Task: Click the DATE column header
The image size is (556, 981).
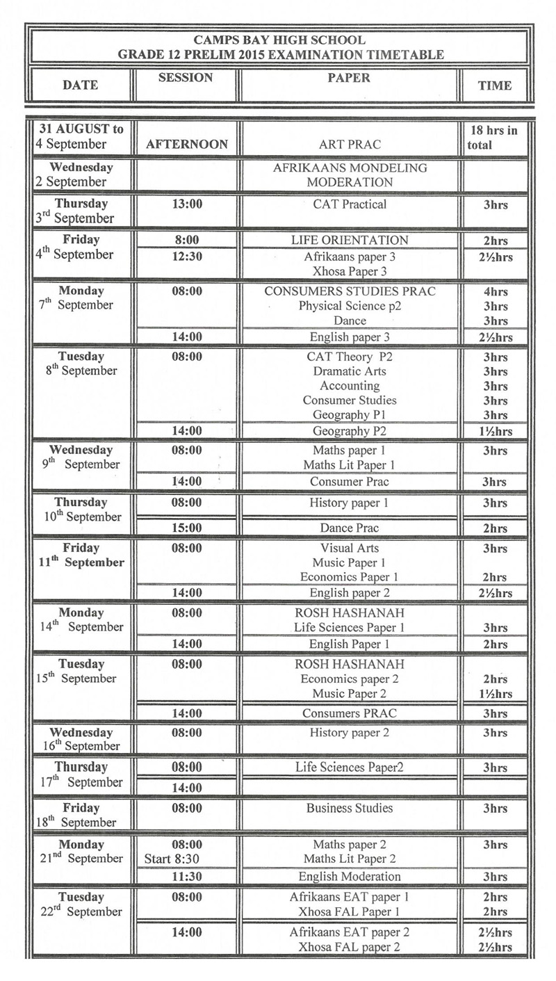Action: point(81,86)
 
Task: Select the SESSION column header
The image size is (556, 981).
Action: point(186,78)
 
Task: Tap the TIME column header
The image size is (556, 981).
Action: point(495,86)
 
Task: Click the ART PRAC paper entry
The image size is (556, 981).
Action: point(350,145)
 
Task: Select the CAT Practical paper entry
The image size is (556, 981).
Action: point(350,204)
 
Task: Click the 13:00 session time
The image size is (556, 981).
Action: point(187,204)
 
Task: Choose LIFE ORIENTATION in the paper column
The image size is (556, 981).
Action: point(350,241)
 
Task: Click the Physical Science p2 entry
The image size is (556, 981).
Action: point(350,306)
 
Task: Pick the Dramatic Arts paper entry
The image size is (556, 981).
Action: point(350,371)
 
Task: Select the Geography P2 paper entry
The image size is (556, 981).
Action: point(350,431)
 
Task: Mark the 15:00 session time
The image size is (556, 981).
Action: point(187,528)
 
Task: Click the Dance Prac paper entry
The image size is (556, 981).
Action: point(350,528)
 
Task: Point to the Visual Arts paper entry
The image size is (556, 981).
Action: point(350,549)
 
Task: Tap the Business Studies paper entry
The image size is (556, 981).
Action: point(350,809)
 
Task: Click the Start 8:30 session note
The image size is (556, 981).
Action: point(172,859)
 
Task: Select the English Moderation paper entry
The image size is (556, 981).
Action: point(350,877)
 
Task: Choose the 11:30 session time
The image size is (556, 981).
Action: point(187,877)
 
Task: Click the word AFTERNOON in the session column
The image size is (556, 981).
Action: point(187,145)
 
